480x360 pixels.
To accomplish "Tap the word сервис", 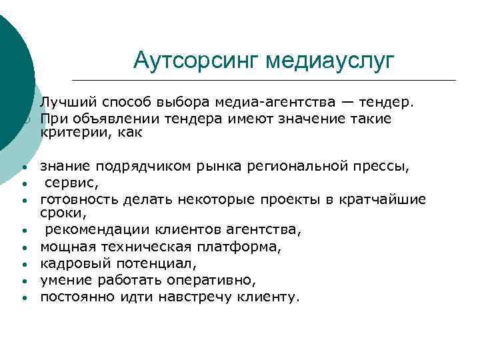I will click(67, 182).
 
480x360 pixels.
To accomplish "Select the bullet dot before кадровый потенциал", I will click(23, 265).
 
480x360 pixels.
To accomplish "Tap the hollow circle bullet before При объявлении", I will click(23, 119).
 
